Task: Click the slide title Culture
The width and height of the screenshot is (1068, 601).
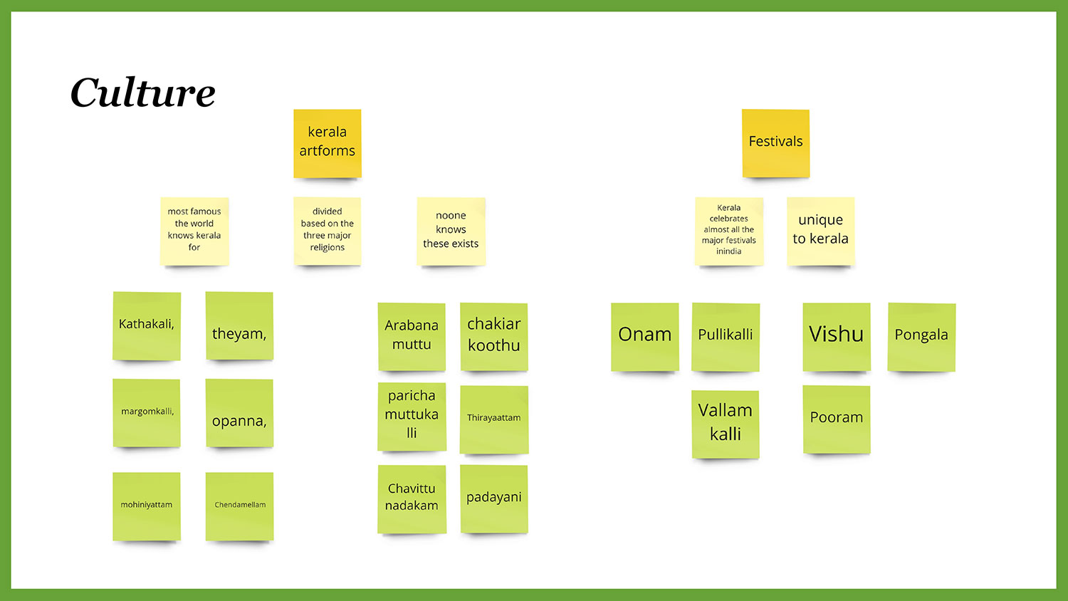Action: click(x=142, y=93)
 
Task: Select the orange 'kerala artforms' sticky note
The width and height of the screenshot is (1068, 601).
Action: click(x=328, y=142)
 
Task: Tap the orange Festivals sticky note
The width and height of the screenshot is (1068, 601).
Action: click(x=775, y=142)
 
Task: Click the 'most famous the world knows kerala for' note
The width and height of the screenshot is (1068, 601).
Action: click(x=194, y=230)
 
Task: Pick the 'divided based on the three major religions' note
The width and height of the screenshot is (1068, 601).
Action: click(x=328, y=230)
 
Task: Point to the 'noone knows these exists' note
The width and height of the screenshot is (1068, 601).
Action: click(x=451, y=230)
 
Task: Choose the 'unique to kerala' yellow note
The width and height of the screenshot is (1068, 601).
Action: click(x=820, y=230)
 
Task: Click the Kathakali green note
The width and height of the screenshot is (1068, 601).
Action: click(x=147, y=325)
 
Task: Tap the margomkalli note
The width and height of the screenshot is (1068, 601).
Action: click(x=147, y=412)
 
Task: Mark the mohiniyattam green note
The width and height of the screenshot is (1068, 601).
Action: click(x=147, y=506)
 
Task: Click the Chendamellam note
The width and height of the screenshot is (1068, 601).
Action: click(x=239, y=506)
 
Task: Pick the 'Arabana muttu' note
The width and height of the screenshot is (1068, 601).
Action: click(x=412, y=336)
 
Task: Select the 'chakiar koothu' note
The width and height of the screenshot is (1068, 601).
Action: click(x=494, y=336)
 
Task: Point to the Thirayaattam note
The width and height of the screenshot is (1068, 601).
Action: click(x=494, y=419)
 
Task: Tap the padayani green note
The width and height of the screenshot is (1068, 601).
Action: click(x=494, y=498)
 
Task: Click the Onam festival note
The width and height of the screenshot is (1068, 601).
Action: click(x=644, y=336)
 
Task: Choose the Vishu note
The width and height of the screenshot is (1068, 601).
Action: click(x=837, y=336)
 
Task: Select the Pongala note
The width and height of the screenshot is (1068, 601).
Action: click(x=921, y=336)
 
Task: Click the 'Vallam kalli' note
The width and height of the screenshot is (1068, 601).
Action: click(x=726, y=423)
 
